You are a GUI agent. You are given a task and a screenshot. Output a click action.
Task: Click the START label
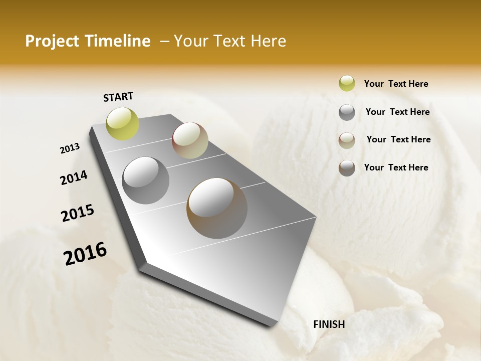[118, 97]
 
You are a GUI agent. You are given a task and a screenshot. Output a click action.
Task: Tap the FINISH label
[329, 324]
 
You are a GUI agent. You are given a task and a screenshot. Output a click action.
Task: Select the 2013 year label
[70, 148]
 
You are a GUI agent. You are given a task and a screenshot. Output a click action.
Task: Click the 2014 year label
[74, 178]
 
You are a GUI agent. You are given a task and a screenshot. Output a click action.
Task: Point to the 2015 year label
[78, 213]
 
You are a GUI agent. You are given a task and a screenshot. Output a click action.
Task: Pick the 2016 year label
[85, 253]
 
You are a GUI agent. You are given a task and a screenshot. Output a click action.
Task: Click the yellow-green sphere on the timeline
[122, 123]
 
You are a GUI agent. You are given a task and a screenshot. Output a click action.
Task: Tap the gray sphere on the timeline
[145, 180]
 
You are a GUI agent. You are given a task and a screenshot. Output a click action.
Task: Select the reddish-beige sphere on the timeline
[190, 140]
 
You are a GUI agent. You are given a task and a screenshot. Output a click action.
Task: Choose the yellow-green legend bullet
[347, 83]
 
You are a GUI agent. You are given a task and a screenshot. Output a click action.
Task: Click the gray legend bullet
[347, 112]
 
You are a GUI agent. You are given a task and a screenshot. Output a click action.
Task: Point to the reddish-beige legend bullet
[347, 140]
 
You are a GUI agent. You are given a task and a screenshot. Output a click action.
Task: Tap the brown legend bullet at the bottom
[347, 168]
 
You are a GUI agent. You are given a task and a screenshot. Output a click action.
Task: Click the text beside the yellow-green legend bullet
[396, 84]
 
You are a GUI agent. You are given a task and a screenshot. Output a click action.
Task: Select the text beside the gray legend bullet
[397, 112]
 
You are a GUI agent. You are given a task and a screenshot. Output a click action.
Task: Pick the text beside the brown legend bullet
[396, 167]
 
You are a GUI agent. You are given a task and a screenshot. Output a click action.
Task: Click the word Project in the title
[52, 41]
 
